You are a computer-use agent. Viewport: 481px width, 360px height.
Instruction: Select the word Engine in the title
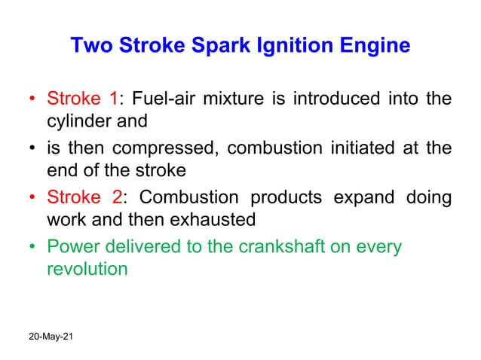click(372, 46)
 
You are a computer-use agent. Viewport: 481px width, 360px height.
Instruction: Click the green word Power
click(70, 246)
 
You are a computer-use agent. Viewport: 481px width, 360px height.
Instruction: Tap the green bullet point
click(32, 247)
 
